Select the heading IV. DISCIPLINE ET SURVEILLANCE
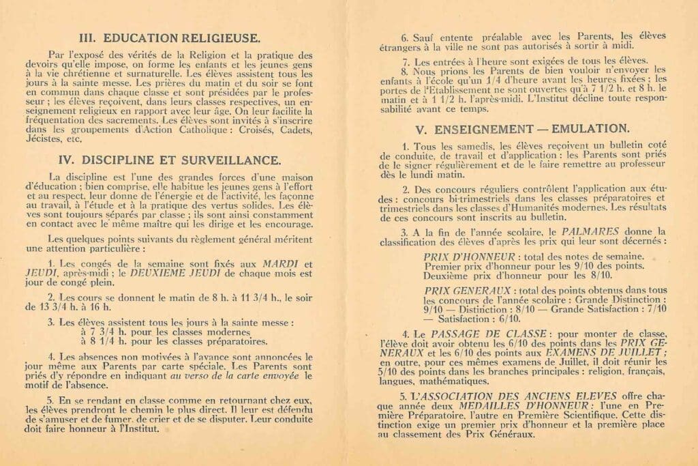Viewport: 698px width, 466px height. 180,161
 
